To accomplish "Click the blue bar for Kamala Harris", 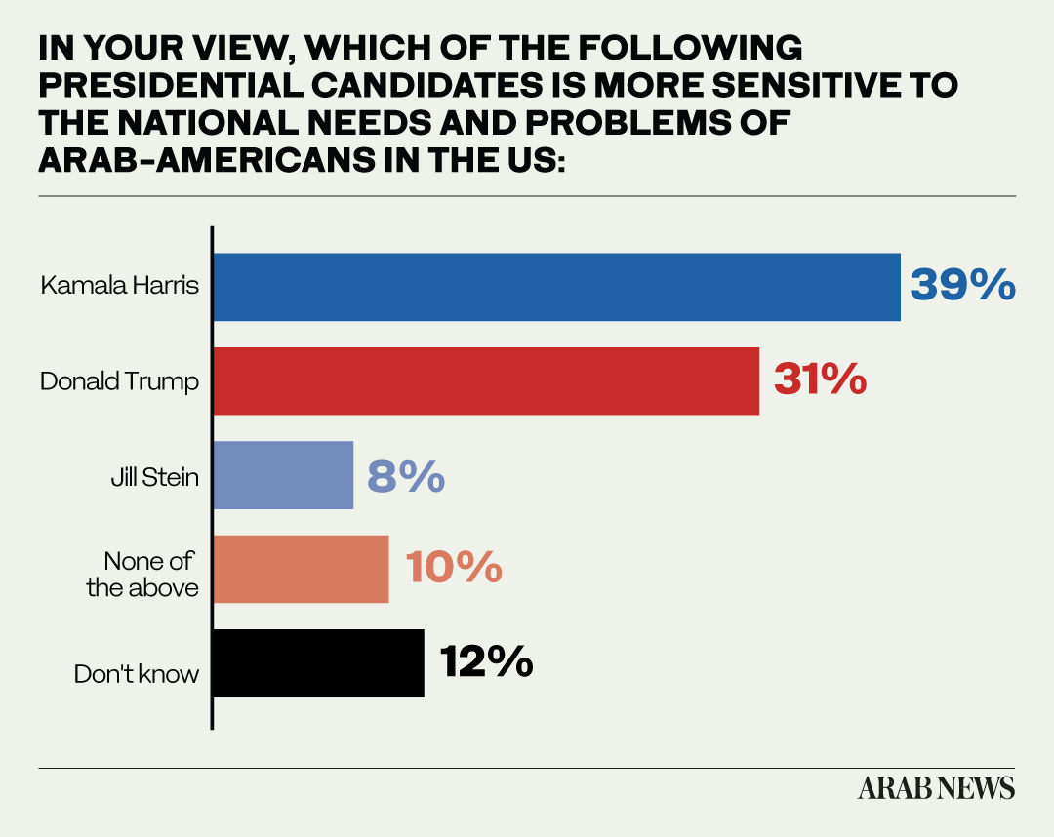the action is click(556, 287).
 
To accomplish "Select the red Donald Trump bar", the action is click(486, 380).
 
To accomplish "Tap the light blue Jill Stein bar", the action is click(283, 475).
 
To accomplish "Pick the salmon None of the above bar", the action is click(301, 569).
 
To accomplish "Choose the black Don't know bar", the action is click(318, 663).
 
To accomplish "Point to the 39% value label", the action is click(962, 284).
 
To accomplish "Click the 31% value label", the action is click(820, 379).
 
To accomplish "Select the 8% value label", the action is click(406, 476).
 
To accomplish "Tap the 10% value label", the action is click(454, 567).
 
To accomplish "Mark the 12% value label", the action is click(487, 661).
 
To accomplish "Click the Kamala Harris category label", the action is click(120, 285).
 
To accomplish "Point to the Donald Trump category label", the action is click(120, 381).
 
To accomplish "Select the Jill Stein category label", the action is click(154, 477).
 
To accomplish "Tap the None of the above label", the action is click(142, 575).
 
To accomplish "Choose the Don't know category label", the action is click(137, 674).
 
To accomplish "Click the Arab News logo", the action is click(936, 788).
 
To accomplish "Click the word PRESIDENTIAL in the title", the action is click(171, 85).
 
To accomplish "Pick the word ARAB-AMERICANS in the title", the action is click(207, 161).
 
